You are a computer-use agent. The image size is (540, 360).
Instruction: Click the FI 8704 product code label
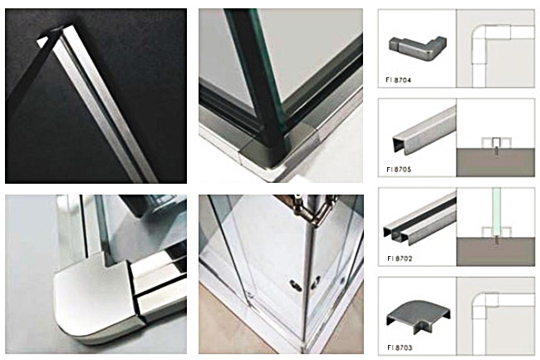(399, 81)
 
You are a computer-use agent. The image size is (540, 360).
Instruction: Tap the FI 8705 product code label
(399, 170)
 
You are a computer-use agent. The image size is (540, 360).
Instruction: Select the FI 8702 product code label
(400, 259)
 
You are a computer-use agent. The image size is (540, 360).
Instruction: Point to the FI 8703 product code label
(400, 348)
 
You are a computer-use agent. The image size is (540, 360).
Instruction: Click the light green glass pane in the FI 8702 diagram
(496, 210)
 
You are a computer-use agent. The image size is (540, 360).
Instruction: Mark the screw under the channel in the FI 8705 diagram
(496, 151)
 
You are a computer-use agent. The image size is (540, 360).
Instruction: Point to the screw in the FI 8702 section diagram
(496, 240)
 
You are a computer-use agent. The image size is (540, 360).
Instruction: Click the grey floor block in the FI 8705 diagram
(496, 163)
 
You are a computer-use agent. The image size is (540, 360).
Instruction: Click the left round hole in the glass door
(295, 285)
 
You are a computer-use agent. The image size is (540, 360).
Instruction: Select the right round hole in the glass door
(316, 282)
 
